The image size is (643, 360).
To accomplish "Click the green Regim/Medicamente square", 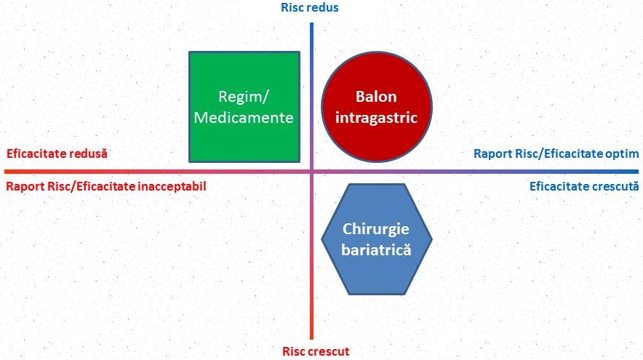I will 244,106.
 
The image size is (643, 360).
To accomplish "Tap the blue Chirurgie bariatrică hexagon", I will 377,238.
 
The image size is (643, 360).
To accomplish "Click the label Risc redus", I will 310,8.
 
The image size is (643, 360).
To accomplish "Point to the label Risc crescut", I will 316,352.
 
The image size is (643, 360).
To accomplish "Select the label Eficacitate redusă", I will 57,154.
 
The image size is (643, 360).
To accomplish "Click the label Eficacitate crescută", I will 583,186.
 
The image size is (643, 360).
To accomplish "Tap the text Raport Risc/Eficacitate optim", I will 556,154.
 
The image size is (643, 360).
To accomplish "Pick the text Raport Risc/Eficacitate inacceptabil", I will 106,186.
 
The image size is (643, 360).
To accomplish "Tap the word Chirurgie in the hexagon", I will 377,228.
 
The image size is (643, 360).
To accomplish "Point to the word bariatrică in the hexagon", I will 377,249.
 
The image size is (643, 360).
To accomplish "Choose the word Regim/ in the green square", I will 244,97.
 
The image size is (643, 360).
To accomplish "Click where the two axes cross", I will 311,172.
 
